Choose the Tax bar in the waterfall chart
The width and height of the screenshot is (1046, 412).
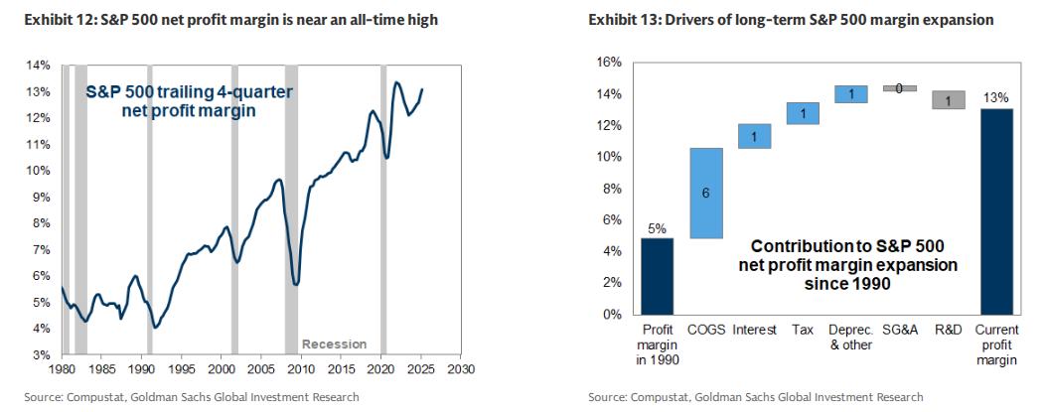803,113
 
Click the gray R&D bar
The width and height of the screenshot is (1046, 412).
948,99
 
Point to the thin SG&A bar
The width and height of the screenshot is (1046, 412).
900,88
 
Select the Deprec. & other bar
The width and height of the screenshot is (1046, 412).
851,94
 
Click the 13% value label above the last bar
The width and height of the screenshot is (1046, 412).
998,97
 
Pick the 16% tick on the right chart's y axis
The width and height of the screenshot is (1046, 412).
609,62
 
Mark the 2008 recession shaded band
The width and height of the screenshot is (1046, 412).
291,208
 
